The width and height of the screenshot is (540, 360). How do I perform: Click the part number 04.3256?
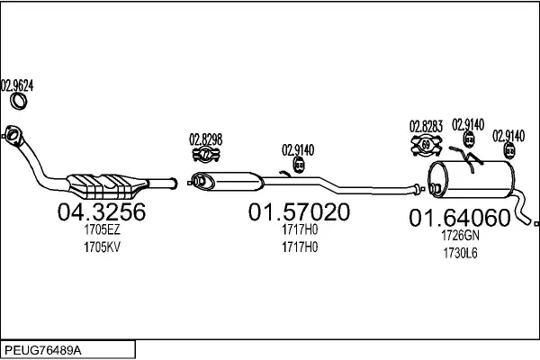click(102, 211)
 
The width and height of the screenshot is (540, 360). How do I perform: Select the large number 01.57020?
click(299, 211)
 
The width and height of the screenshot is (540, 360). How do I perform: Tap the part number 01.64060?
click(459, 218)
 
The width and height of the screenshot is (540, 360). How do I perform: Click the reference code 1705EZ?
click(102, 229)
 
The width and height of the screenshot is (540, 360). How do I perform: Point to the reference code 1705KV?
click(102, 247)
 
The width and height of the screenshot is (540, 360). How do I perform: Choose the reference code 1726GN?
click(460, 236)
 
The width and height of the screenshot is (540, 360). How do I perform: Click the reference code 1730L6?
click(460, 253)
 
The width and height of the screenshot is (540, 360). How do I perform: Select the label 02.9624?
click(17, 85)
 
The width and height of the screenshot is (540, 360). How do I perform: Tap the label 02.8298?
click(205, 139)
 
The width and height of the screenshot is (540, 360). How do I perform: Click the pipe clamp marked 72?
click(206, 154)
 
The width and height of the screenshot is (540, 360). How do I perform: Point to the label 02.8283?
click(426, 126)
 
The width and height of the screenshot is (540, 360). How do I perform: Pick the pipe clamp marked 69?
click(427, 145)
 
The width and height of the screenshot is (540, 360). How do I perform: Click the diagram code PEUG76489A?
click(43, 351)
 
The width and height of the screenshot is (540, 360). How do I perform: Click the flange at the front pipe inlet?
click(13, 136)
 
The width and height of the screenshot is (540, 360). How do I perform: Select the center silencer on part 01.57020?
click(228, 182)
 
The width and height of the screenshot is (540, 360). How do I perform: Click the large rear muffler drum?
click(471, 179)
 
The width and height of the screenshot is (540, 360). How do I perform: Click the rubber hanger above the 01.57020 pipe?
click(299, 165)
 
